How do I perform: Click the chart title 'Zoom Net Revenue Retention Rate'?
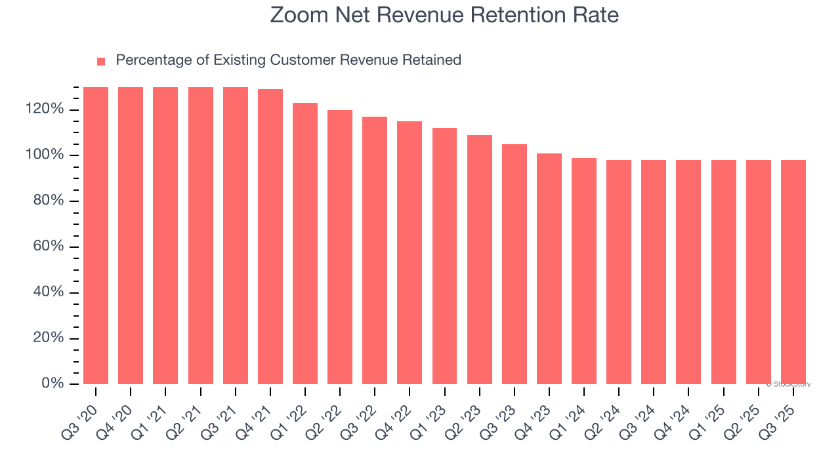(444, 15)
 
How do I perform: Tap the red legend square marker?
(101, 62)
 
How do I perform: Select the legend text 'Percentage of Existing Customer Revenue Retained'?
(288, 60)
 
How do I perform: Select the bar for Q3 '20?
(96, 236)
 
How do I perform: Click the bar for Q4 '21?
(270, 237)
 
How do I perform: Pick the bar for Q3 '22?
(375, 250)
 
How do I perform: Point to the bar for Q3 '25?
(793, 272)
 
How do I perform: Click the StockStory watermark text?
(788, 384)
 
